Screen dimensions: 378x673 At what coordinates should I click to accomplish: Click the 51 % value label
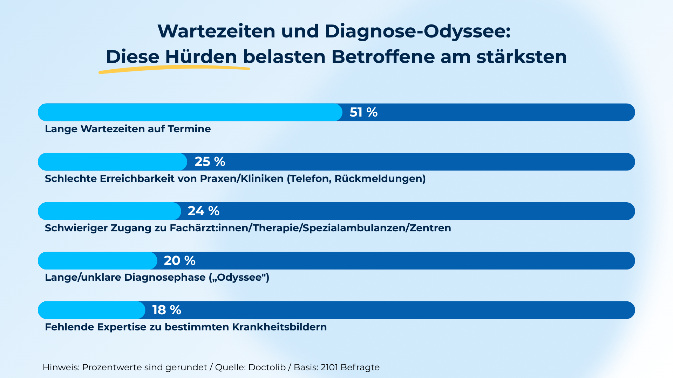point(363,112)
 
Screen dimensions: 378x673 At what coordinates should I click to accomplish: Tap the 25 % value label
point(210,162)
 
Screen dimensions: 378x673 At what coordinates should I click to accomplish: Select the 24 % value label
point(203,211)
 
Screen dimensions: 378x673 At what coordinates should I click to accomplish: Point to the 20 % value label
point(179,261)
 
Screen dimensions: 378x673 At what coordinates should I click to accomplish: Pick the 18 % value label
point(166,310)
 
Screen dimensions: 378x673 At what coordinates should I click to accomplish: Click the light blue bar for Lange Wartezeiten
point(189,112)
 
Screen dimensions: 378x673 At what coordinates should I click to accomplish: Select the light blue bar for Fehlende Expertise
point(91,310)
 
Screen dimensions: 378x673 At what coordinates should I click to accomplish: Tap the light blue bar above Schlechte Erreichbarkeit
point(112,162)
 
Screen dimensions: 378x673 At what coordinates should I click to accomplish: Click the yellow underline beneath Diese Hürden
point(174,70)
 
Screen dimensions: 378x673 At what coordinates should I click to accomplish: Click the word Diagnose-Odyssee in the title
point(417,31)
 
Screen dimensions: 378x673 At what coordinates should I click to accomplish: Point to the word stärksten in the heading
point(522,57)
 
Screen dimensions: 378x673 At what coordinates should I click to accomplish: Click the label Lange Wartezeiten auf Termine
point(128,129)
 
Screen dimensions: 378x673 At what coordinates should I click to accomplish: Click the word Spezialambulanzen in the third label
point(354,228)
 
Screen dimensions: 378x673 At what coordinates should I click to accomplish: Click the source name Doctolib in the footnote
point(267,367)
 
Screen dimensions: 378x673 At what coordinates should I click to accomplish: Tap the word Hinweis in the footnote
point(61,367)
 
